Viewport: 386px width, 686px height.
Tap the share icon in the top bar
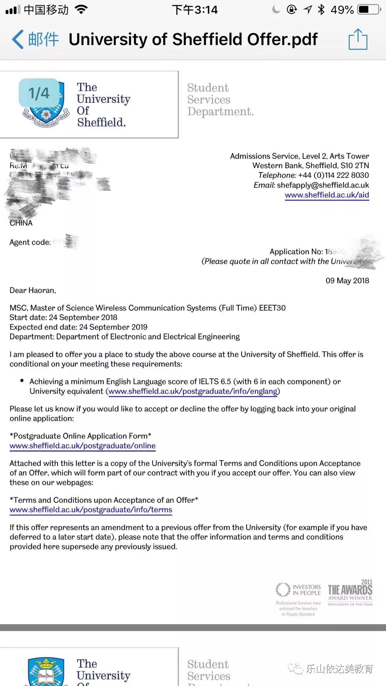click(358, 39)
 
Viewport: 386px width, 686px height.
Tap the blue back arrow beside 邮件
click(18, 39)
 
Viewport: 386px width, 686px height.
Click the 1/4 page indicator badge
click(39, 93)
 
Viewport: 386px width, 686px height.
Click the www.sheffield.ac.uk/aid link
click(327, 195)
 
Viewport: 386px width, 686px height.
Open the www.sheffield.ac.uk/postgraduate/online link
click(83, 446)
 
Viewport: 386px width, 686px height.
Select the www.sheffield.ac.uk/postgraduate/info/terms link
click(91, 510)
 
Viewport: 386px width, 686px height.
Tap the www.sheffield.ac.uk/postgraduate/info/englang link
click(193, 392)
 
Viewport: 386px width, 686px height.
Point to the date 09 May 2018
click(347, 281)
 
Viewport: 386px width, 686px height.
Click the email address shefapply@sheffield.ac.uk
click(323, 185)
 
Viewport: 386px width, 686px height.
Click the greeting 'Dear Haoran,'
click(33, 290)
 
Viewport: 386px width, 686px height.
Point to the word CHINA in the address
click(21, 223)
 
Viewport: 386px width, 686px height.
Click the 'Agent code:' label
click(30, 242)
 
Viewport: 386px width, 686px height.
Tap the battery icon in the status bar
click(369, 10)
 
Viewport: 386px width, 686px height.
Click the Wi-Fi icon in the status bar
click(81, 10)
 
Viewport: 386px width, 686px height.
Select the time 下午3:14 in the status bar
click(195, 10)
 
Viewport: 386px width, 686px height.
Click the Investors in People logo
click(298, 590)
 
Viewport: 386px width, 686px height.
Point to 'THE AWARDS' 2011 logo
click(350, 593)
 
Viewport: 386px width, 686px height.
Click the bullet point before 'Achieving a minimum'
click(22, 381)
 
